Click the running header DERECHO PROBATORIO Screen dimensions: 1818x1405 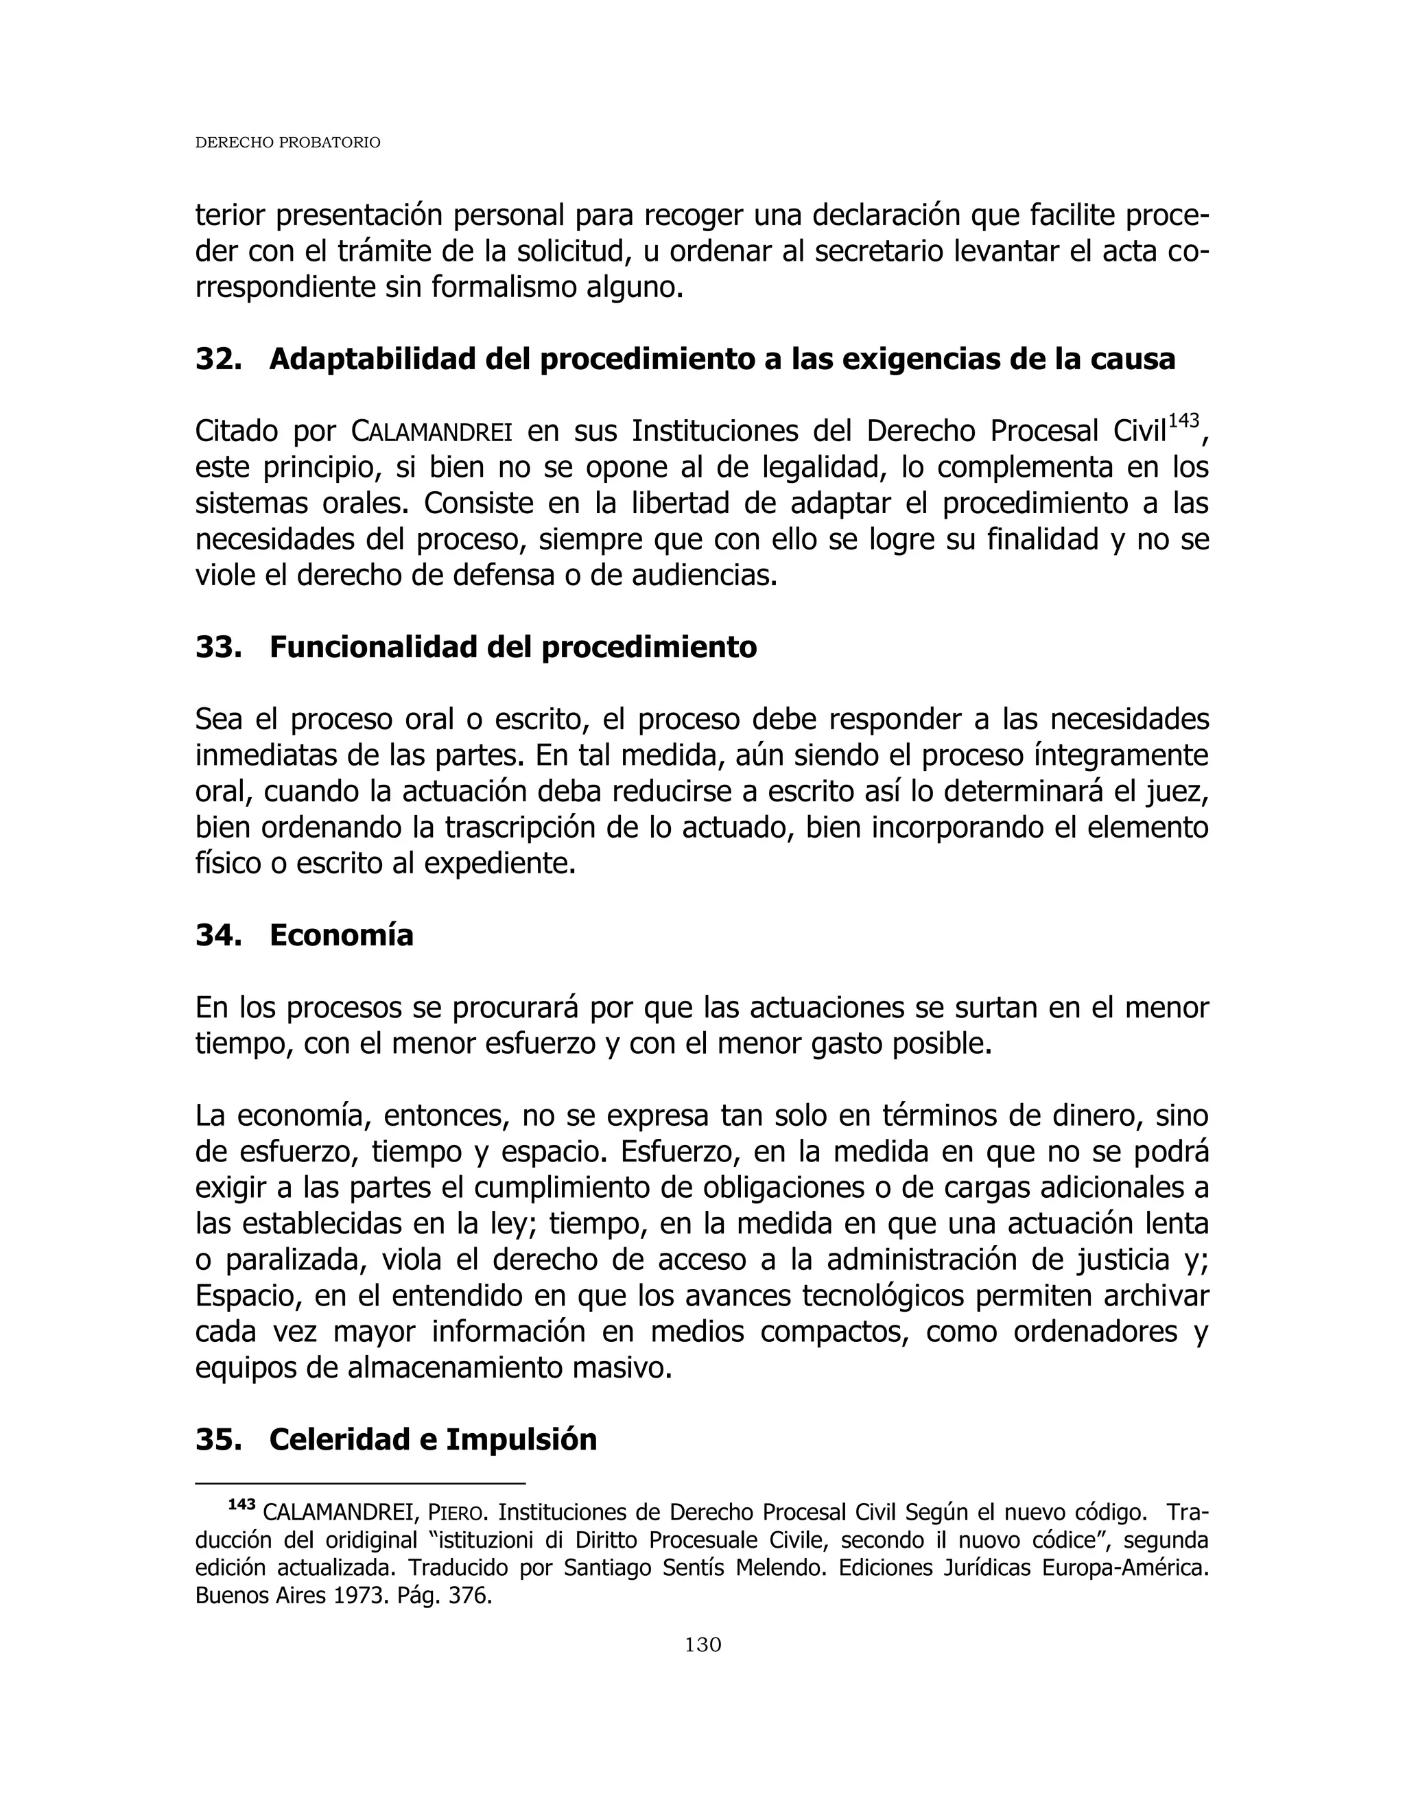pos(287,143)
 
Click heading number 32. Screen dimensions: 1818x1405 pos(218,359)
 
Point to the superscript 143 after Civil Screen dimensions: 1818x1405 pos(1183,421)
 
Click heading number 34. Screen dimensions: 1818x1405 pos(218,936)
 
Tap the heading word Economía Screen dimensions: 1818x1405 pos(341,936)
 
